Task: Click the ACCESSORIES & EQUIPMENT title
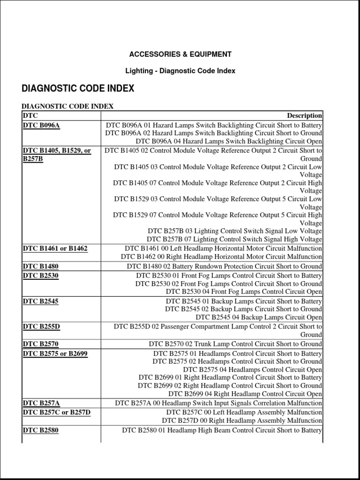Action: (x=180, y=54)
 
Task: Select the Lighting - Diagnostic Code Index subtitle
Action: (x=180, y=71)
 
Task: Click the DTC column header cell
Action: (x=30, y=116)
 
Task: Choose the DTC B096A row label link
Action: (x=41, y=126)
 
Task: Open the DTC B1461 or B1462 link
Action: (x=55, y=248)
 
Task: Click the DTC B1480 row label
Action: (x=40, y=266)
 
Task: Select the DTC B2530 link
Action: (x=40, y=276)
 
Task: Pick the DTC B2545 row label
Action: (x=40, y=301)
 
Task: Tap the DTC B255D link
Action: (x=41, y=327)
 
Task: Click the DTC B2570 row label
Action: (x=40, y=344)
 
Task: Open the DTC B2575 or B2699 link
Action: (x=55, y=353)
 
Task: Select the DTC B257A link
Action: (x=41, y=403)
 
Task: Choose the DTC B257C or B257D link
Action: (x=56, y=412)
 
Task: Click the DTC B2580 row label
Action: (x=40, y=430)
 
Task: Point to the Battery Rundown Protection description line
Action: (x=225, y=266)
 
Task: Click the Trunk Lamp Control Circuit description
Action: (x=235, y=344)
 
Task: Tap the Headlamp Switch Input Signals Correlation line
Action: (x=218, y=403)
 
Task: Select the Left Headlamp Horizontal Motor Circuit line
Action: (x=223, y=248)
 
